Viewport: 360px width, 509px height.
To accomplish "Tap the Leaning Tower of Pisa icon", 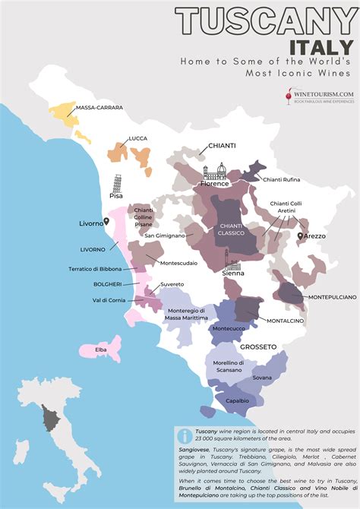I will pyautogui.click(x=116, y=183).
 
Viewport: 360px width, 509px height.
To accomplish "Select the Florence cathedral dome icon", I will pyautogui.click(x=221, y=171).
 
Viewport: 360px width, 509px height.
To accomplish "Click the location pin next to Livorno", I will pyautogui.click(x=108, y=221).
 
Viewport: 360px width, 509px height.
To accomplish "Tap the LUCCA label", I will pyautogui.click(x=138, y=138).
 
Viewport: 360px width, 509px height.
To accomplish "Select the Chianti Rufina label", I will pyautogui.click(x=281, y=179).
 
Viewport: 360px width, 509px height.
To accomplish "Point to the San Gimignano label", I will pyautogui.click(x=166, y=236).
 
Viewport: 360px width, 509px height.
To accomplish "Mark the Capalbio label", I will pyautogui.click(x=236, y=400).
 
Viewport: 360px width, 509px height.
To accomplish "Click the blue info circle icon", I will pyautogui.click(x=183, y=435).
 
